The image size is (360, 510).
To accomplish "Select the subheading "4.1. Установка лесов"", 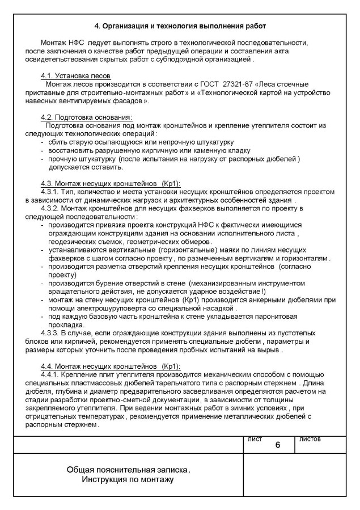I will (x=75, y=76).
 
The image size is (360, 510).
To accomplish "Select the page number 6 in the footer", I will (x=277, y=445).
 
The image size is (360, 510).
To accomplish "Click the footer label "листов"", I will (x=310, y=439).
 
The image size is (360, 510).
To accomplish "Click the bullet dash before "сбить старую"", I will (x=43, y=142).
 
